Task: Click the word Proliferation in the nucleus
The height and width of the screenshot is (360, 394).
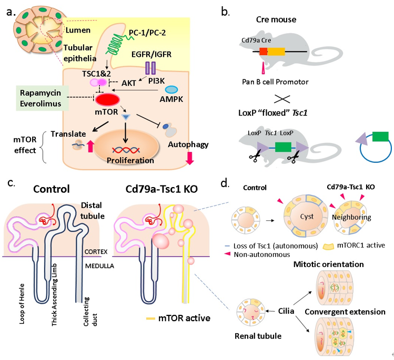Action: pos(128,160)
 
